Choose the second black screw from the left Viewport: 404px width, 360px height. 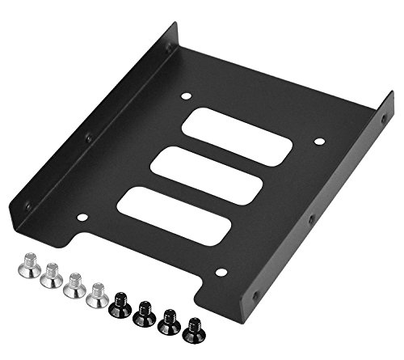pyautogui.click(x=145, y=314)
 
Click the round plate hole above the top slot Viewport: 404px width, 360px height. pyautogui.click(x=186, y=96)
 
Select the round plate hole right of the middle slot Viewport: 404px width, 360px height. pyautogui.click(x=319, y=142)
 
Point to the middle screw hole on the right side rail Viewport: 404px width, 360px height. pyautogui.click(x=312, y=218)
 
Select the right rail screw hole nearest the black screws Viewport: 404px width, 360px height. pyautogui.click(x=257, y=294)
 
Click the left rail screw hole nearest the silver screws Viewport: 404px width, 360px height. pyautogui.click(x=28, y=206)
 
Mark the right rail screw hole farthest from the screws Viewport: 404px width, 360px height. pyautogui.click(x=384, y=119)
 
